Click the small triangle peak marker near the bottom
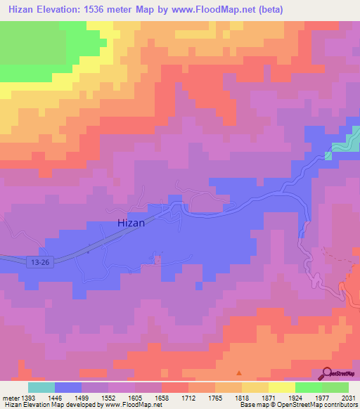pyautogui.click(x=239, y=373)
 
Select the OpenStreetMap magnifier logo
pyautogui.click(x=328, y=373)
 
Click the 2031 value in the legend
pyautogui.click(x=348, y=397)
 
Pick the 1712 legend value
pyautogui.click(x=189, y=397)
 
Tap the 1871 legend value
pyautogui.click(x=269, y=397)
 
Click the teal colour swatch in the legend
pyautogui.click(x=41, y=387)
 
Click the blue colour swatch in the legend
pyautogui.click(x=68, y=387)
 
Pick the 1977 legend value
pyautogui.click(x=321, y=397)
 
